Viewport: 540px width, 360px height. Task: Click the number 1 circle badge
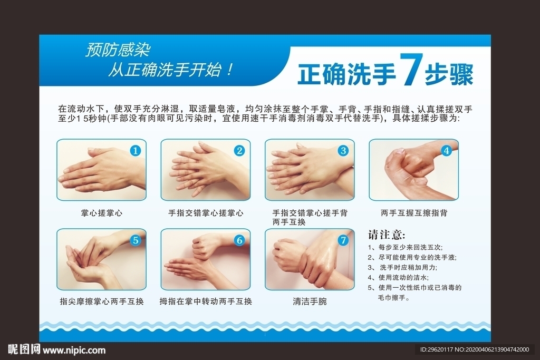136,151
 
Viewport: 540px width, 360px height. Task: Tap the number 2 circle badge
239,151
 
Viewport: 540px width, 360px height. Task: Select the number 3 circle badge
343,151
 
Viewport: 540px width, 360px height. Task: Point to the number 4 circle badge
446,151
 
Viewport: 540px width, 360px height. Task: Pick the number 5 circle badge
136,240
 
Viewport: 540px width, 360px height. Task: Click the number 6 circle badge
239,240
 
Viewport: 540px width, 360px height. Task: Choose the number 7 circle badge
343,240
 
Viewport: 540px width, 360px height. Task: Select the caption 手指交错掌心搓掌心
206,213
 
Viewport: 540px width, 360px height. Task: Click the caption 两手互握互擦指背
414,213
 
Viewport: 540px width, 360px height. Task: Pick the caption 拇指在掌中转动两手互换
206,301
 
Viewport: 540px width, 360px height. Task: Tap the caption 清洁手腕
310,301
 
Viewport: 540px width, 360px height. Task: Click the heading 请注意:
387,234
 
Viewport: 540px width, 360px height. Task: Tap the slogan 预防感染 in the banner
118,50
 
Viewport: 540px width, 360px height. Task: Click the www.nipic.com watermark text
74,350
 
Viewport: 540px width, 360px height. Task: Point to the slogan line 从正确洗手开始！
170,70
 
